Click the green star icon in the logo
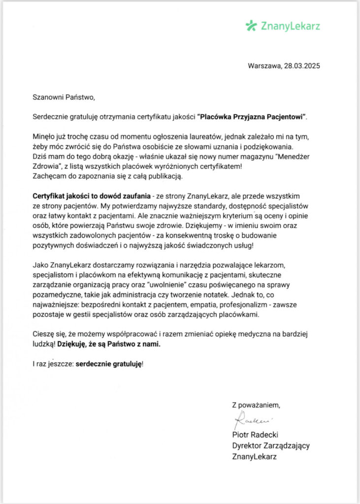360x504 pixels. tap(251, 25)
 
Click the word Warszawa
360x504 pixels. tap(264, 65)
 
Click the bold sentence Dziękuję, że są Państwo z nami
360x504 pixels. tap(109, 345)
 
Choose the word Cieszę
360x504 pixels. tap(44, 335)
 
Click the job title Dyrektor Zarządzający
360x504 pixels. tap(271, 445)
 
